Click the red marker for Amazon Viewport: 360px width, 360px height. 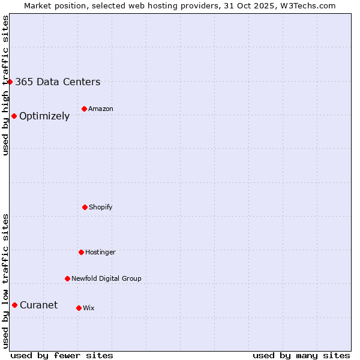84,109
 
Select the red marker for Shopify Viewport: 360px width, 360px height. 85,207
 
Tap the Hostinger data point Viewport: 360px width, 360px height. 81,252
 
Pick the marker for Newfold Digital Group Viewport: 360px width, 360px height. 67,278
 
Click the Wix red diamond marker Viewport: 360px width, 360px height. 79,308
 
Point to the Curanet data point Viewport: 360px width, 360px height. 14,305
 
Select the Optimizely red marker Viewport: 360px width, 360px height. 14,116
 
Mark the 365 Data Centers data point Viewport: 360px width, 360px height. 10,82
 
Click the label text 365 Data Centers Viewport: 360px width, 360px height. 58,82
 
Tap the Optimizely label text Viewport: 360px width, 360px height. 44,116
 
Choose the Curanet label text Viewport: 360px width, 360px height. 38,305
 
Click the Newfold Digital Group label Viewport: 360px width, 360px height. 106,278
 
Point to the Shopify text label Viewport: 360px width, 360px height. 100,207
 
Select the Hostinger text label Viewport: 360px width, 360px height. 100,252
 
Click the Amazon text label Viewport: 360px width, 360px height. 100,109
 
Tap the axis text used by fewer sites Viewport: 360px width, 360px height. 61,355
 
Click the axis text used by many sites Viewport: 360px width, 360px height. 301,355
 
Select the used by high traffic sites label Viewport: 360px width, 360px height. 5,85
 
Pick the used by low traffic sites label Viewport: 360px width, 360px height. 5,281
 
